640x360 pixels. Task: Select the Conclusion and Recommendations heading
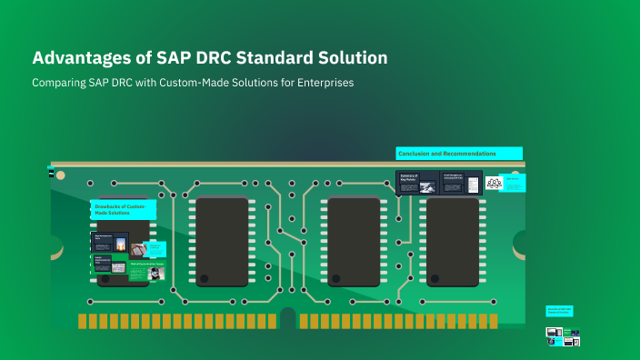click(459, 154)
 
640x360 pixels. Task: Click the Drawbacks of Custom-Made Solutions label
click(123, 209)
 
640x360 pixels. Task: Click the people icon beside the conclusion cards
click(495, 183)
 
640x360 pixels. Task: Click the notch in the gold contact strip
click(288, 317)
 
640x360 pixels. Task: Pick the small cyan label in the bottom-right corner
click(558, 311)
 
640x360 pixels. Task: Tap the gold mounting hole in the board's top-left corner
click(60, 174)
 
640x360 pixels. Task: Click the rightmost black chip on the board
click(453, 241)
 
